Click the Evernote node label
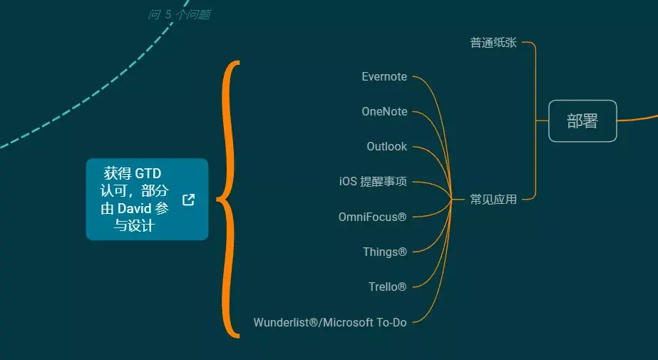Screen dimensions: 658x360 384,76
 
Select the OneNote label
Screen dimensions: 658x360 384,111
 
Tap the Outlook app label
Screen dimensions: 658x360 386,146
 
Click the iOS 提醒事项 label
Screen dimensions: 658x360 373,182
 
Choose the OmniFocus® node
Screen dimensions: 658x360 372,217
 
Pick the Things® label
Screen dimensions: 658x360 384,252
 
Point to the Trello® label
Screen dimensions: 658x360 387,287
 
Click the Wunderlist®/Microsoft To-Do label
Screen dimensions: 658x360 330,322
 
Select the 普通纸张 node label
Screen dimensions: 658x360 493,43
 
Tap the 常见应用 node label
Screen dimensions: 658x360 493,200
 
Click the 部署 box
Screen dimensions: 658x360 582,121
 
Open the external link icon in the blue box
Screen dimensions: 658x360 188,200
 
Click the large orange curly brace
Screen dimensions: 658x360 227,200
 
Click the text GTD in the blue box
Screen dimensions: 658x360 148,173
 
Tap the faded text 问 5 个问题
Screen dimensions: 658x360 179,14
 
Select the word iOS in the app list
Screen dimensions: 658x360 348,182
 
